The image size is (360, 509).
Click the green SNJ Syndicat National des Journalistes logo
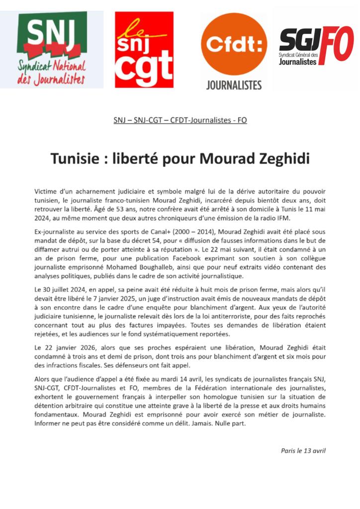[52, 50]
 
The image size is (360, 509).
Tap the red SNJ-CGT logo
[144, 50]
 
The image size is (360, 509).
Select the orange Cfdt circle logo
[234, 45]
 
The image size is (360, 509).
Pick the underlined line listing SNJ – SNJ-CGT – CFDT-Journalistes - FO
[180, 120]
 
